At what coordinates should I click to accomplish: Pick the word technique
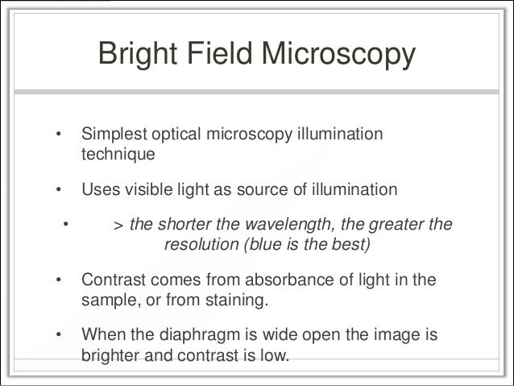(116, 151)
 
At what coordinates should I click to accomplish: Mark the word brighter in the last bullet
(111, 355)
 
